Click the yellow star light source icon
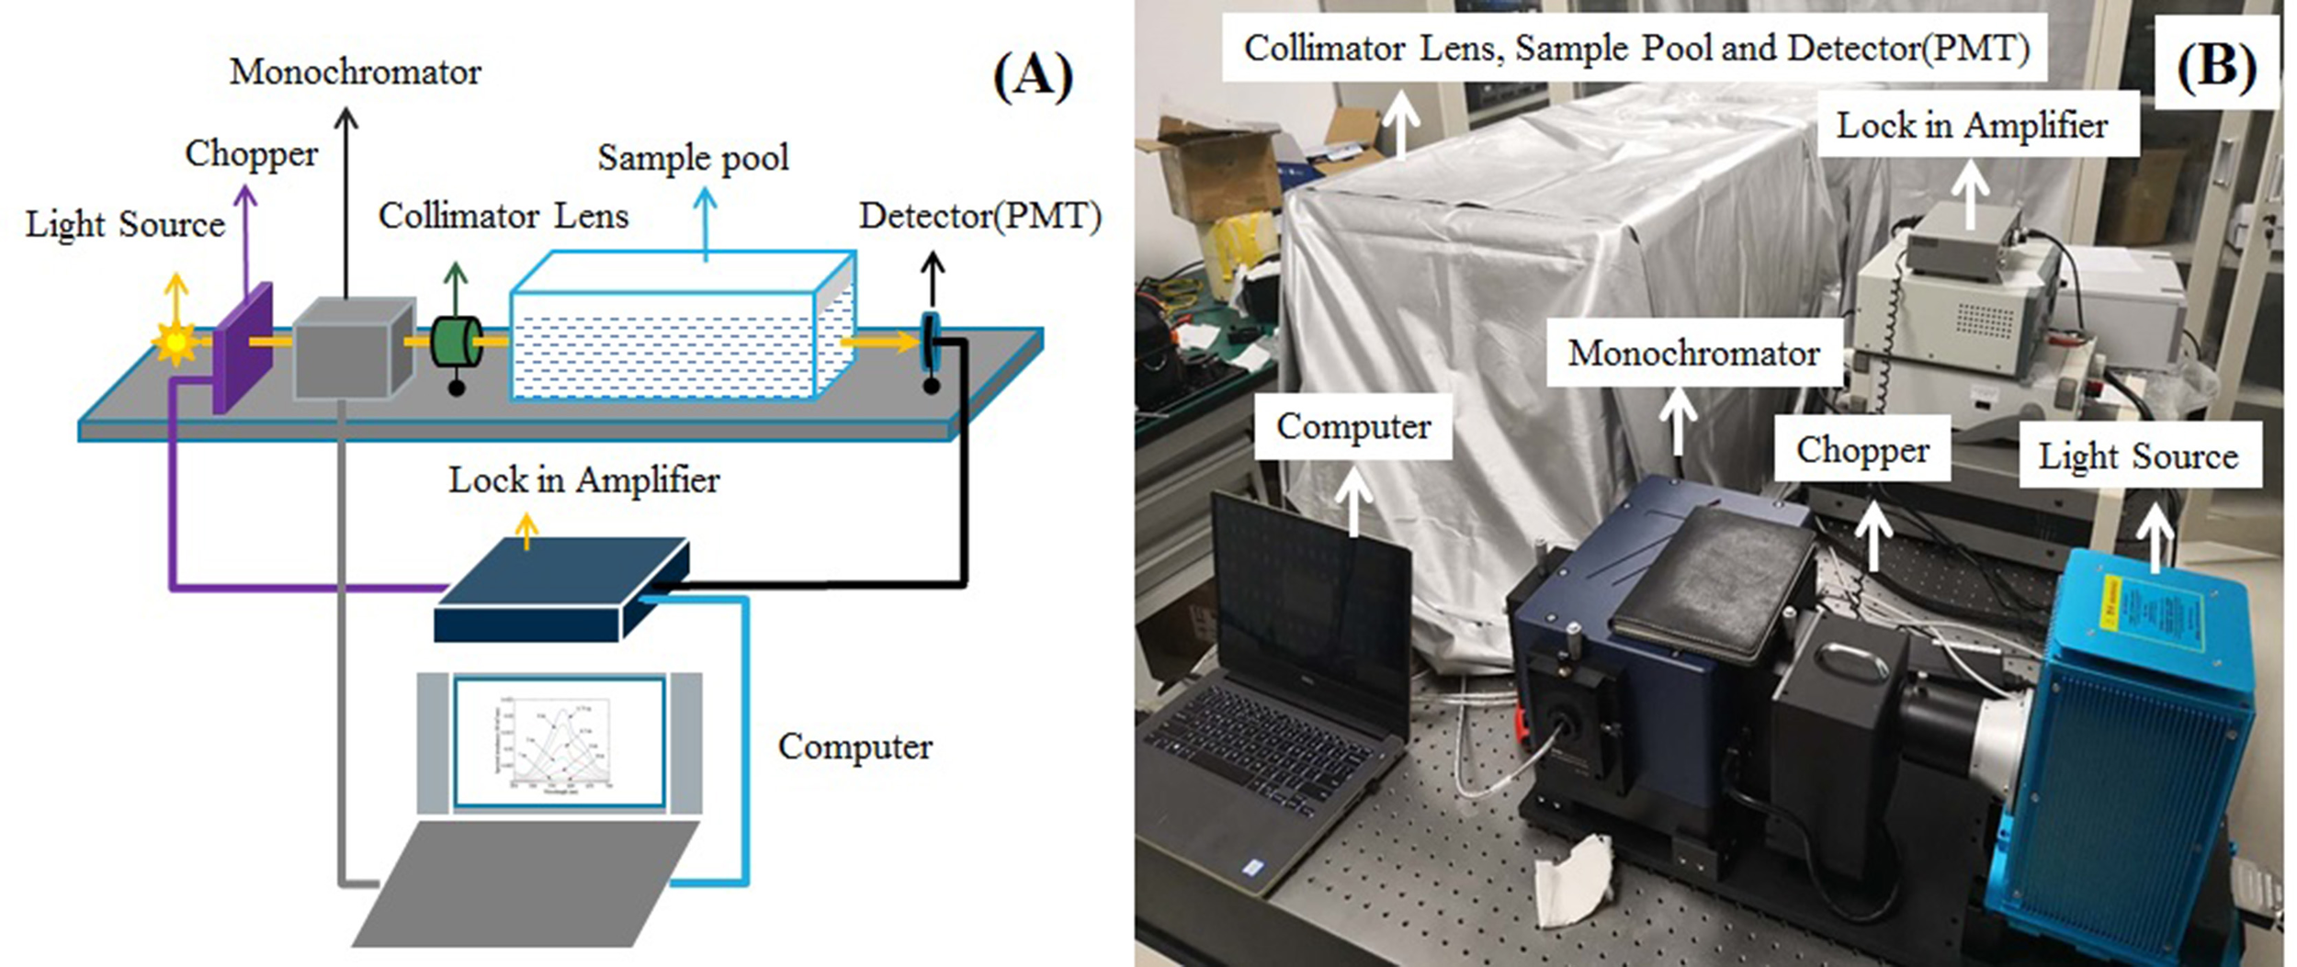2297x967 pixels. pyautogui.click(x=175, y=343)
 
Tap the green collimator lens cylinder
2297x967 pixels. pyautogui.click(x=457, y=343)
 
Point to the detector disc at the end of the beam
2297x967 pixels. pyautogui.click(x=930, y=342)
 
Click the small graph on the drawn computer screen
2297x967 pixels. pyautogui.click(x=560, y=743)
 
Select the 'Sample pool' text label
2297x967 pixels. pyautogui.click(x=693, y=157)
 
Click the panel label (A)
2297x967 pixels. pyautogui.click(x=1033, y=75)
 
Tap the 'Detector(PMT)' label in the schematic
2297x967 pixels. pyautogui.click(x=979, y=216)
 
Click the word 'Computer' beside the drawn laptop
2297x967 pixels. pyautogui.click(x=854, y=746)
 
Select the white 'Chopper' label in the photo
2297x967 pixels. pyautogui.click(x=1861, y=449)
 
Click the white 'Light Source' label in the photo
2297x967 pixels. pyautogui.click(x=2139, y=455)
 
